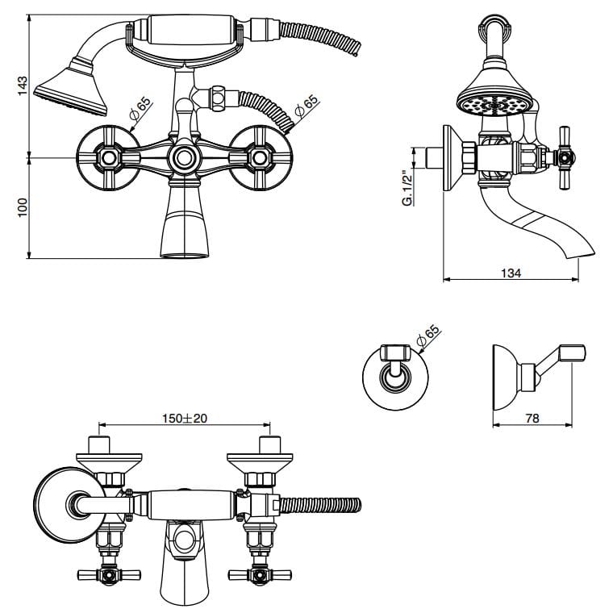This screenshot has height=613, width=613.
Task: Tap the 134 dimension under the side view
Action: [x=511, y=273]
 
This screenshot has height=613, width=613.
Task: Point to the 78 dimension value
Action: [x=533, y=419]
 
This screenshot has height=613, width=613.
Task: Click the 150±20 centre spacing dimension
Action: [x=184, y=418]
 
